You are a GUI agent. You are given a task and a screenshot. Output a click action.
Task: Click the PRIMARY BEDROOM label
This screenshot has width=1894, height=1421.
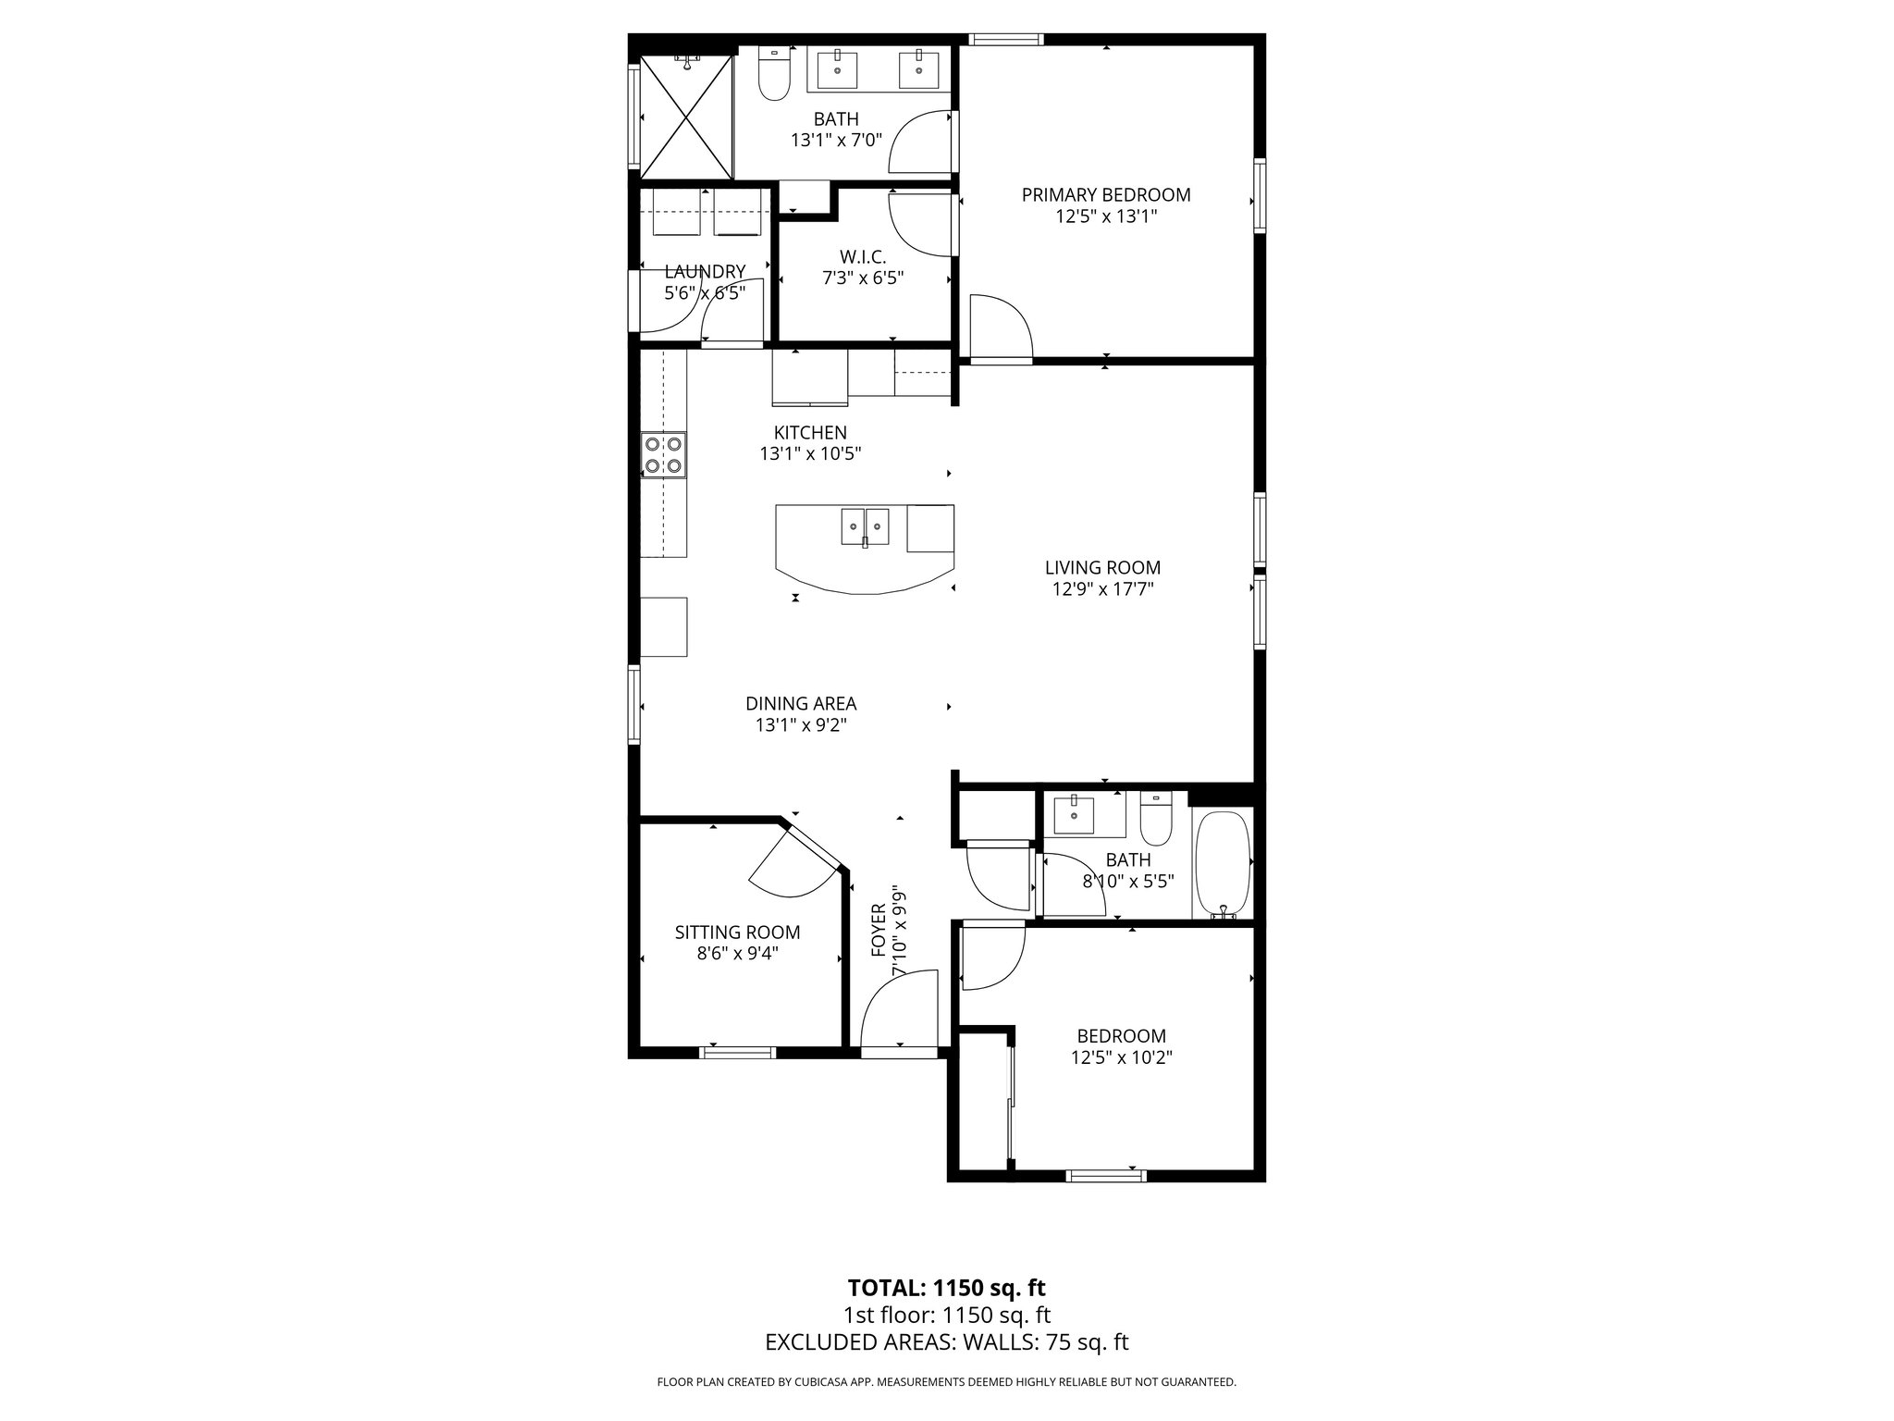tap(1106, 195)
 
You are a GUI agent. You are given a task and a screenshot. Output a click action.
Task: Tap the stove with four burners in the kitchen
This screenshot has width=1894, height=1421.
tap(664, 455)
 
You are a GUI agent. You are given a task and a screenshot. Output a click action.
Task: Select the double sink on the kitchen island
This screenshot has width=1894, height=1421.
tap(865, 527)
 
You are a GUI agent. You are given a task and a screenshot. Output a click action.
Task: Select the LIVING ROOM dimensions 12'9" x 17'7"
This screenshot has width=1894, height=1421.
tap(1102, 589)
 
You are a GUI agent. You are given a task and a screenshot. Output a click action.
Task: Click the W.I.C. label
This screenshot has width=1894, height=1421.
tap(863, 256)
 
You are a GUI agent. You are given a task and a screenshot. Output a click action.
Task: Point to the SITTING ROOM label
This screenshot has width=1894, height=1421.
tap(737, 933)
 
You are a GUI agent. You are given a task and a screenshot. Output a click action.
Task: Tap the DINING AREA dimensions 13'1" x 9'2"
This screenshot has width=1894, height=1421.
tap(801, 725)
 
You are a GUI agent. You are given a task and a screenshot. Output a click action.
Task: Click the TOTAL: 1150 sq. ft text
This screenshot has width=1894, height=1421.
tap(946, 1287)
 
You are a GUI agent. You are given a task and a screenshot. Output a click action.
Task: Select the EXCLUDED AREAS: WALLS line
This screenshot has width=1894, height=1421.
tap(946, 1341)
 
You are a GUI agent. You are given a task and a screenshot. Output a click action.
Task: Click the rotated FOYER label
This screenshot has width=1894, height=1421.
tap(879, 933)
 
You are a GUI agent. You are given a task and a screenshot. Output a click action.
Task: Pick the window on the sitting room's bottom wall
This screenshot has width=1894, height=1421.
tap(737, 1051)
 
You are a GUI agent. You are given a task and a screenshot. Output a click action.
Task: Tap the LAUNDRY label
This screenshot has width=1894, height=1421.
tap(705, 271)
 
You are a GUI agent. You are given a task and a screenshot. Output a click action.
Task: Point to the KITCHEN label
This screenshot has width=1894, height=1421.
tap(810, 432)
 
